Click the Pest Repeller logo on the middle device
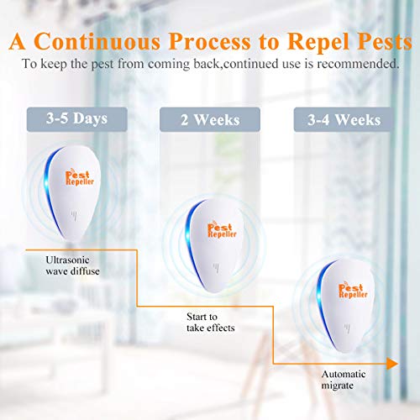pyautogui.click(x=212, y=233)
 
